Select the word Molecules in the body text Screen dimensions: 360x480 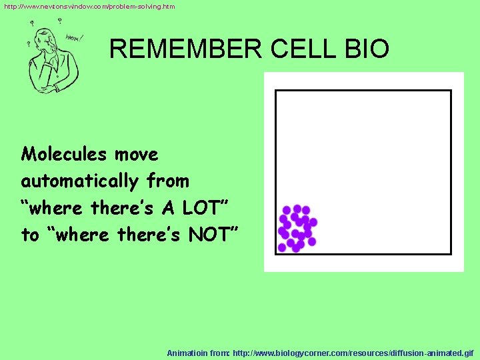click(64, 155)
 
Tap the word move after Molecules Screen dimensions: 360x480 click(136, 155)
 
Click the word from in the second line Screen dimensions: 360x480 click(168, 181)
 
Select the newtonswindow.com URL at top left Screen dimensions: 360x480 click(89, 6)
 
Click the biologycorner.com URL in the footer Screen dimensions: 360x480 click(354, 352)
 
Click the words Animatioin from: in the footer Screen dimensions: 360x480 click(198, 352)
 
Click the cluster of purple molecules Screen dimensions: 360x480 click(297, 228)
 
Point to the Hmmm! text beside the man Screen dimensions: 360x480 click(72, 38)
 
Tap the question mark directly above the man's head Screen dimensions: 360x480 click(59, 21)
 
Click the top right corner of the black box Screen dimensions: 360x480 click(451, 91)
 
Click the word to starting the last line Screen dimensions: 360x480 click(30, 235)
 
